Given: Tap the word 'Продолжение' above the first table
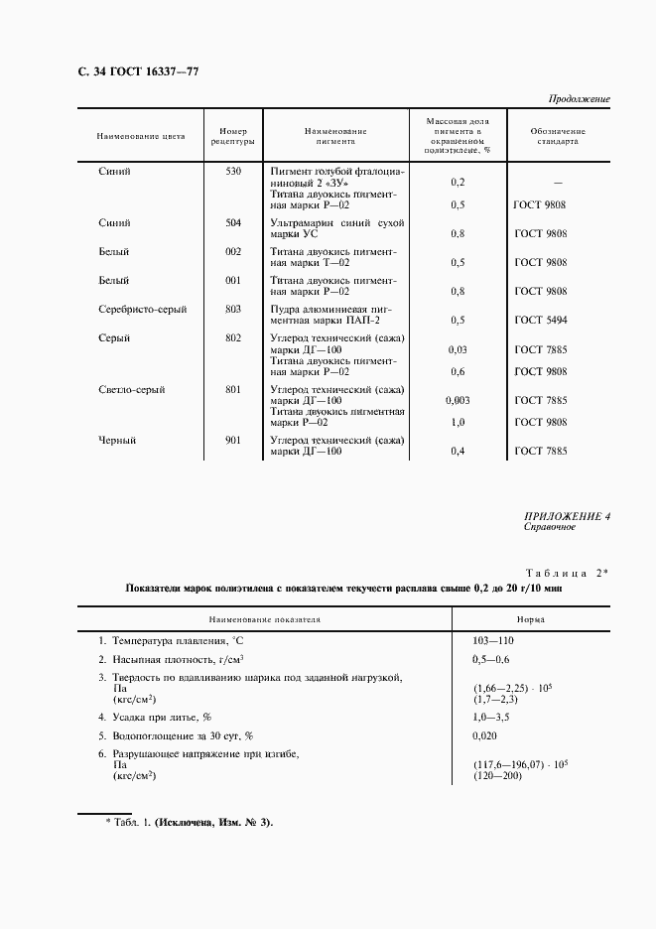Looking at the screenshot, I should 579,99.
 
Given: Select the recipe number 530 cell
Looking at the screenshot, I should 233,172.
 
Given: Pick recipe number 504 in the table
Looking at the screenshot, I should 233,223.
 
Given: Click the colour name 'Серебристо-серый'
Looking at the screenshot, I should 144,310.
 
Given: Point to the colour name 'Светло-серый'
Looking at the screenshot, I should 132,390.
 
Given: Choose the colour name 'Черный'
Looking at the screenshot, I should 118,441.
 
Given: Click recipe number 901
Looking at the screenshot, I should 233,441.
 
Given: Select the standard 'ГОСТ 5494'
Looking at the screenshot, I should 541,321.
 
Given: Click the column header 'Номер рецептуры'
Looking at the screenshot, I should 233,136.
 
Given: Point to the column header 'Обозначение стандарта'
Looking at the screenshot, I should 558,136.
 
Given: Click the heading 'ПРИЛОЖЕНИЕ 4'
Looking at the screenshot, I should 567,516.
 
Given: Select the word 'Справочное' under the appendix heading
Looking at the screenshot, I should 550,528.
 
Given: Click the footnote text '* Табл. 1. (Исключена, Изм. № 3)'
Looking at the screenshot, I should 189,823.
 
